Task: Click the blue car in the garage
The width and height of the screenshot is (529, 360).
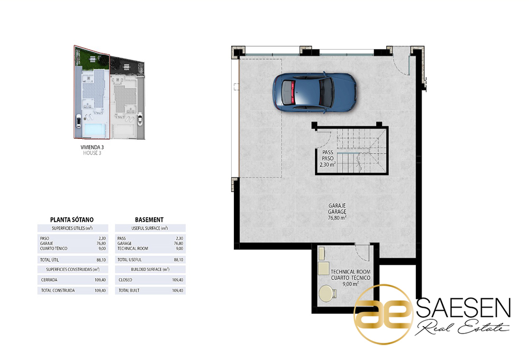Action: (x=314, y=92)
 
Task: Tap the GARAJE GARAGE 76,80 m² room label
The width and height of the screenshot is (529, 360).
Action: (x=337, y=212)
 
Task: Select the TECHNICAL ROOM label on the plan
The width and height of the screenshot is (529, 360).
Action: (x=351, y=272)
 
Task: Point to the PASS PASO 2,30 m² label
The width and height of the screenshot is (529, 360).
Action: (x=327, y=158)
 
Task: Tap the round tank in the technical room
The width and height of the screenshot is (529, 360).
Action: (x=326, y=293)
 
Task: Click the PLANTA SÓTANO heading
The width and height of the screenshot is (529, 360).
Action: (x=72, y=220)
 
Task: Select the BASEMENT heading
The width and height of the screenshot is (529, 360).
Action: (x=149, y=220)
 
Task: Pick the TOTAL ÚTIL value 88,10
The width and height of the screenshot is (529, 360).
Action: (x=101, y=260)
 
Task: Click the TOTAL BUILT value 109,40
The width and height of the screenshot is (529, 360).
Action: (x=177, y=291)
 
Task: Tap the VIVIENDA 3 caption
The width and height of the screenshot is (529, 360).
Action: (x=92, y=147)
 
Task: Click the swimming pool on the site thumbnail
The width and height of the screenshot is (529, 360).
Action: (x=94, y=129)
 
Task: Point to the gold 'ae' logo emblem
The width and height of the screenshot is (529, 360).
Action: (x=384, y=314)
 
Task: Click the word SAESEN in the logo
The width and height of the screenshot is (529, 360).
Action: (x=463, y=307)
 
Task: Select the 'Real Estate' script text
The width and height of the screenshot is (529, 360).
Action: (x=462, y=327)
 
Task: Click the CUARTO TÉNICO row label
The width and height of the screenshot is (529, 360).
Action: (x=53, y=248)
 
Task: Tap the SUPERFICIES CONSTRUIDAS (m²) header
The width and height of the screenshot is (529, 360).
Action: (x=73, y=269)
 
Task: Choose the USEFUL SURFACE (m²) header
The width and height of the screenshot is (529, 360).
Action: (x=150, y=228)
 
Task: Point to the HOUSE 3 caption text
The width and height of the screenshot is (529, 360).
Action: (x=92, y=153)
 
